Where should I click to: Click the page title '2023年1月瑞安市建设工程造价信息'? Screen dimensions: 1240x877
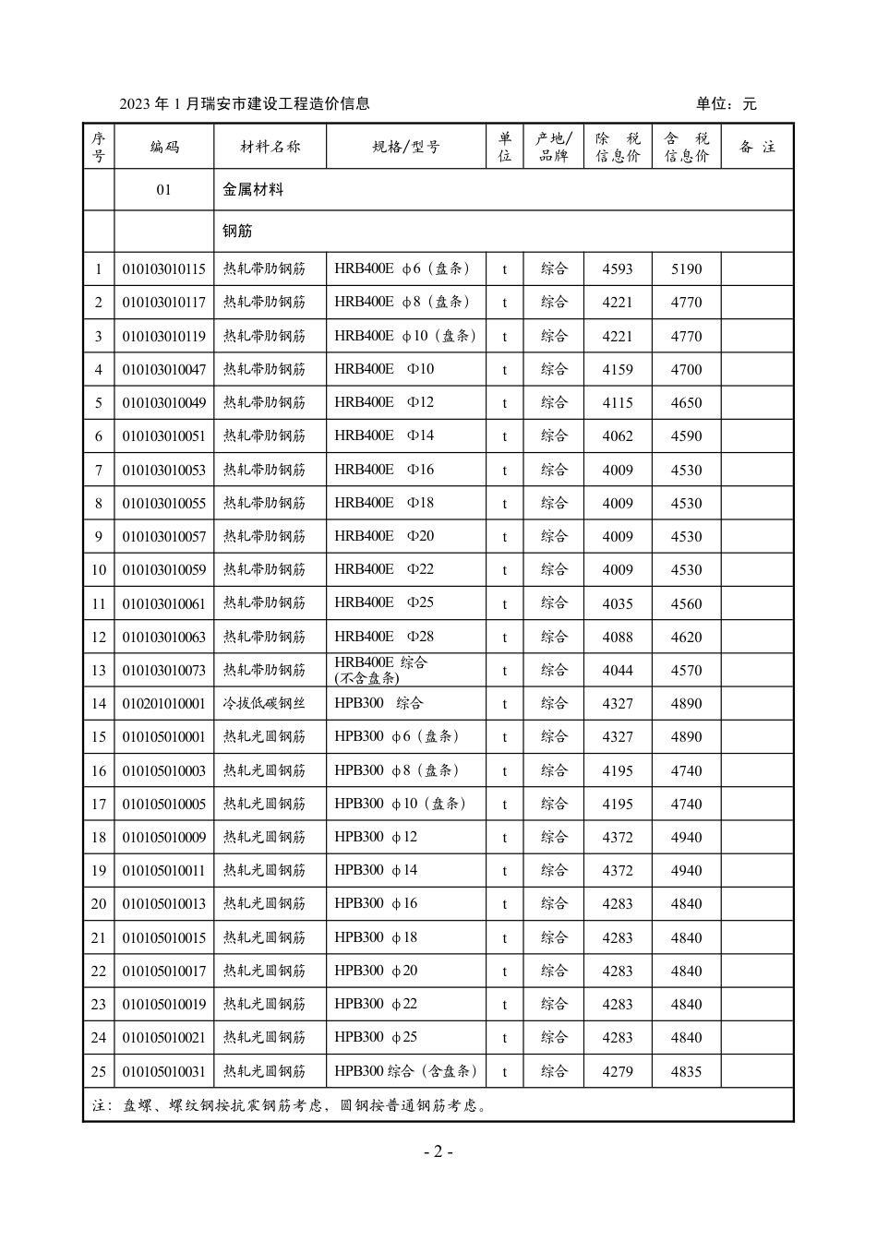tap(245, 104)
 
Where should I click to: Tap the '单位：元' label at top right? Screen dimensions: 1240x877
tap(726, 104)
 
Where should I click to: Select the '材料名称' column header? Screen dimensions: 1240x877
tap(270, 147)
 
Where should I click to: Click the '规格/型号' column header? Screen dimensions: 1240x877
tap(406, 147)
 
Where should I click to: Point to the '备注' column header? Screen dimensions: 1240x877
tap(757, 147)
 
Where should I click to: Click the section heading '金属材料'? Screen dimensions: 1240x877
tap(253, 189)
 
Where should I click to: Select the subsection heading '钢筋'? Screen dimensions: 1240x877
tap(237, 231)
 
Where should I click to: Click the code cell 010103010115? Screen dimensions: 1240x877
tap(164, 269)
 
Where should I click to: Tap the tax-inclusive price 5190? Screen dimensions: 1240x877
tap(686, 269)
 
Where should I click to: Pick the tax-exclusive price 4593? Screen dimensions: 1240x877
tap(618, 269)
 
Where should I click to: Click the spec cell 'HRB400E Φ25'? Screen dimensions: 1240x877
tap(384, 603)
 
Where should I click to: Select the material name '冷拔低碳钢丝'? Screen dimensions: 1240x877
tap(264, 704)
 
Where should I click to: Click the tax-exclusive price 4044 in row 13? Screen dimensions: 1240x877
tap(618, 671)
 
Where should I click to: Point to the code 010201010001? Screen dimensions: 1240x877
tap(164, 704)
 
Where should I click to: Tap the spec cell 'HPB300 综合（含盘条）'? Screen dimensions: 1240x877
tap(406, 1071)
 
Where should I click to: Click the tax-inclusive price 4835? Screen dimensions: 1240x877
tap(686, 1071)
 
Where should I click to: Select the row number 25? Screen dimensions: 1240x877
tap(99, 1071)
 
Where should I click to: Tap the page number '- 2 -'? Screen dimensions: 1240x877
tap(438, 1151)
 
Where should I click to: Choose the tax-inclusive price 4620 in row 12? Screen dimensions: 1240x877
tap(686, 637)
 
